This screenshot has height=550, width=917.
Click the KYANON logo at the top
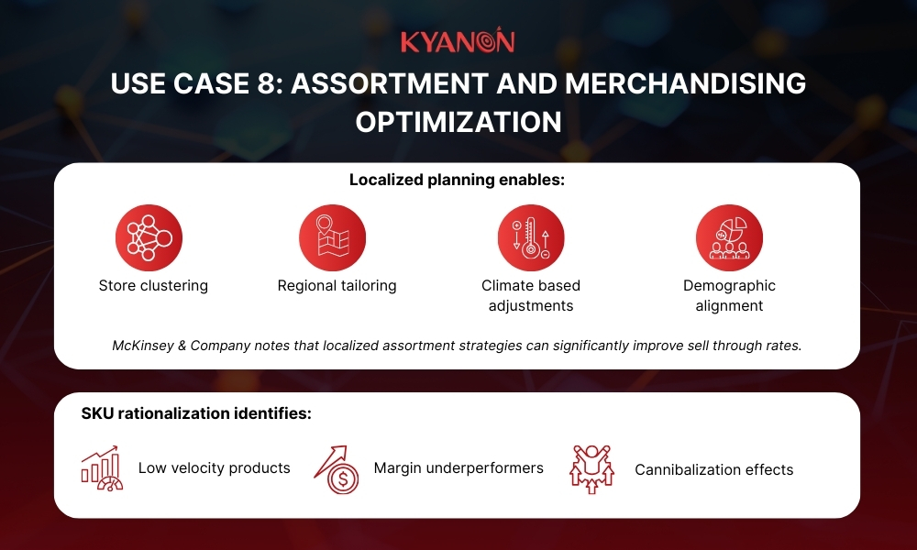coord(458,42)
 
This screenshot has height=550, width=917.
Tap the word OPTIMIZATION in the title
coord(458,122)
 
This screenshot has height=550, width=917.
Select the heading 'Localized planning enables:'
coord(457,181)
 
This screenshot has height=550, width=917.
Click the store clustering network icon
coord(149,237)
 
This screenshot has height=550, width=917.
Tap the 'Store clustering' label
coord(153,286)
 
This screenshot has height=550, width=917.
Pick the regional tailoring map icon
coord(332,237)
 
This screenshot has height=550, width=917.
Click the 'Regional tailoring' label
coord(337,286)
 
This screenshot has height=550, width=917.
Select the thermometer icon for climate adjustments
coord(531,237)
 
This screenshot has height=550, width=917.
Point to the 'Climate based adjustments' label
coord(531,296)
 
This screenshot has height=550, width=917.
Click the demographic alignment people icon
coord(729,237)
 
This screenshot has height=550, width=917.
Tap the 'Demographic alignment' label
coord(729,296)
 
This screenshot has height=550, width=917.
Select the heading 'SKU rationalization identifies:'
coord(196,414)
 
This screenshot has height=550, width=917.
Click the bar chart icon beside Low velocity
coord(101,468)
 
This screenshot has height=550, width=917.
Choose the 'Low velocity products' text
coord(214,468)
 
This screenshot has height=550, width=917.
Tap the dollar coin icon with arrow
coord(337,468)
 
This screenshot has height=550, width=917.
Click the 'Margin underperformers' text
coord(458,468)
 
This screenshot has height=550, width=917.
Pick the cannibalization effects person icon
coord(591,468)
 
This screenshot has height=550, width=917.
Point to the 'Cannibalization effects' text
coord(713,469)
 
